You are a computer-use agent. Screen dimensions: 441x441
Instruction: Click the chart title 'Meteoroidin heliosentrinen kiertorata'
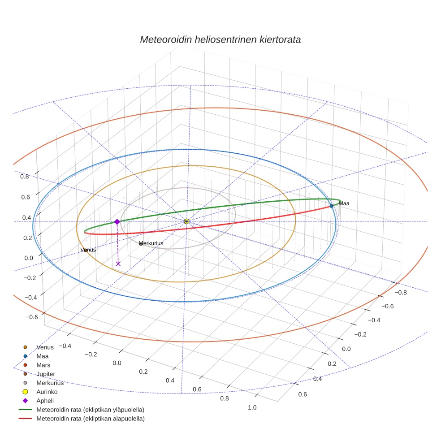click(x=220, y=39)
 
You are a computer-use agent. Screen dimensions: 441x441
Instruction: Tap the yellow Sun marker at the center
click(x=186, y=221)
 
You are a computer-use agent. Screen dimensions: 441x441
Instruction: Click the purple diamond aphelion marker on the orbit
click(x=117, y=222)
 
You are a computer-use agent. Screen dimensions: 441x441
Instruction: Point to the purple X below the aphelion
click(x=118, y=264)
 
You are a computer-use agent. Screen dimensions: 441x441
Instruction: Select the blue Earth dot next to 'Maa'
click(x=332, y=206)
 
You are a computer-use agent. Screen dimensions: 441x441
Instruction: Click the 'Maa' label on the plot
click(x=344, y=203)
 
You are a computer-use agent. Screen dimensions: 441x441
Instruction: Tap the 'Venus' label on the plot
click(x=88, y=250)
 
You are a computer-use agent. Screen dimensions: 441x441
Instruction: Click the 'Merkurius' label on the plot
click(x=151, y=243)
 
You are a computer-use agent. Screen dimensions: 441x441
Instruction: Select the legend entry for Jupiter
click(x=46, y=374)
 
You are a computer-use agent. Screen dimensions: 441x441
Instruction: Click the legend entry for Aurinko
click(x=47, y=392)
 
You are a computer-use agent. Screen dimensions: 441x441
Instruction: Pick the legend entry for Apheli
click(x=45, y=401)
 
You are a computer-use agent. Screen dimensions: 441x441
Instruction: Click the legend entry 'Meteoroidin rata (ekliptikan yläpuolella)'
click(x=90, y=410)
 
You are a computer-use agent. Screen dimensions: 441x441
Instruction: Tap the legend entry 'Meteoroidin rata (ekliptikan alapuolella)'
click(x=90, y=419)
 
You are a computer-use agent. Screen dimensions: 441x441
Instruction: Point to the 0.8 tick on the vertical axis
click(x=25, y=177)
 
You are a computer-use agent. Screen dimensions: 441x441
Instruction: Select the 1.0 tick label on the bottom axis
click(x=252, y=407)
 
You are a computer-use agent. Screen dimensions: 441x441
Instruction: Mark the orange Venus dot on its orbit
click(x=85, y=250)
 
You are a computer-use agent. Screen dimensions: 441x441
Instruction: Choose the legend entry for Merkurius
click(x=50, y=383)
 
